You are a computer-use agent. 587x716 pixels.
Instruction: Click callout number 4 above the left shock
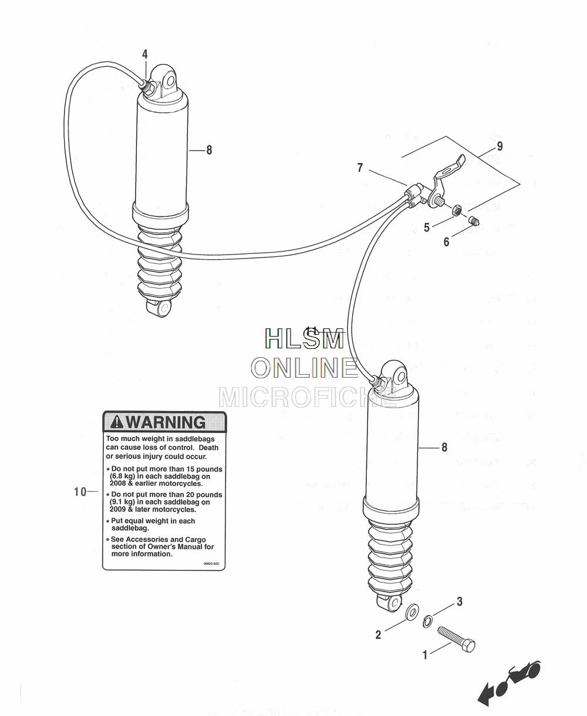click(145, 55)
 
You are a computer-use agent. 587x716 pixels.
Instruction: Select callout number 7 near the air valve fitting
click(360, 168)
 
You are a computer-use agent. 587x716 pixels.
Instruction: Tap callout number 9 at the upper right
click(500, 146)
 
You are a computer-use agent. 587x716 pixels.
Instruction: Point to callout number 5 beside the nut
click(427, 228)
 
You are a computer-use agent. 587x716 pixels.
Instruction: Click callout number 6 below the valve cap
click(447, 242)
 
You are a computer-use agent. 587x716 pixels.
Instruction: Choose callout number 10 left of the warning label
click(80, 492)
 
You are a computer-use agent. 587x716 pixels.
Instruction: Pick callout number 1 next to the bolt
click(426, 655)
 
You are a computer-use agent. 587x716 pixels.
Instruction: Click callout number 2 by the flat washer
click(379, 634)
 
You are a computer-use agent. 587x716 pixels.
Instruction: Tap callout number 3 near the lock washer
click(460, 602)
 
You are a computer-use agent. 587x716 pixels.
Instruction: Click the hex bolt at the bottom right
click(457, 639)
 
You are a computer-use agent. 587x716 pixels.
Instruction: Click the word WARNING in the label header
click(167, 422)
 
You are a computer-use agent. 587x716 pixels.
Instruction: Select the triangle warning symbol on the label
click(117, 422)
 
